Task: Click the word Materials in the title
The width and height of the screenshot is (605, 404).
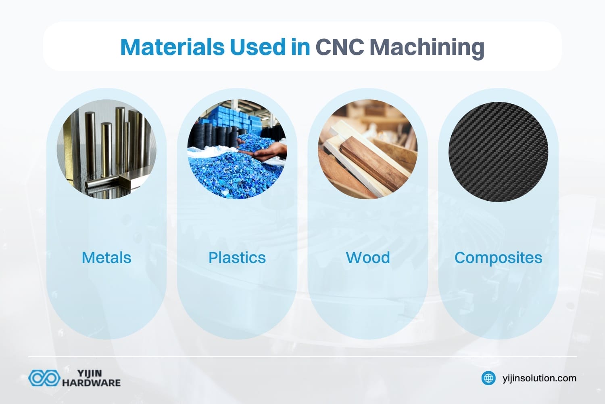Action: [172, 47]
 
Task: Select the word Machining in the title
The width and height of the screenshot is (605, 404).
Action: [427, 48]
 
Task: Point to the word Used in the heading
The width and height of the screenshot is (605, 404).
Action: [257, 47]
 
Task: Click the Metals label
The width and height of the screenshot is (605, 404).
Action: [106, 258]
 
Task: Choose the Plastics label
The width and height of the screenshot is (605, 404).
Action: [237, 258]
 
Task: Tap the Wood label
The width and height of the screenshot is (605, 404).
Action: [368, 258]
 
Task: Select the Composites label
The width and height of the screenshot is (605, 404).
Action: [498, 258]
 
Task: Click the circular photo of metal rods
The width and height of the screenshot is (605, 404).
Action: [106, 149]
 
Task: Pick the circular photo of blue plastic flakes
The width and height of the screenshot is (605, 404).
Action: [237, 149]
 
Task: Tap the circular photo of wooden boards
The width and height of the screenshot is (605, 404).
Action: [368, 149]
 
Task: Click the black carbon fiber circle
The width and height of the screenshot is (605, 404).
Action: [498, 151]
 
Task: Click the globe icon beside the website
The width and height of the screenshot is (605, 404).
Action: [488, 378]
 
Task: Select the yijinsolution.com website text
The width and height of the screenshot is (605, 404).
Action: [539, 378]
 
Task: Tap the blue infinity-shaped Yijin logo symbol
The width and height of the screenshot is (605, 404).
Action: [44, 378]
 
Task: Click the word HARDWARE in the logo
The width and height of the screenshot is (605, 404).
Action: [91, 383]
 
